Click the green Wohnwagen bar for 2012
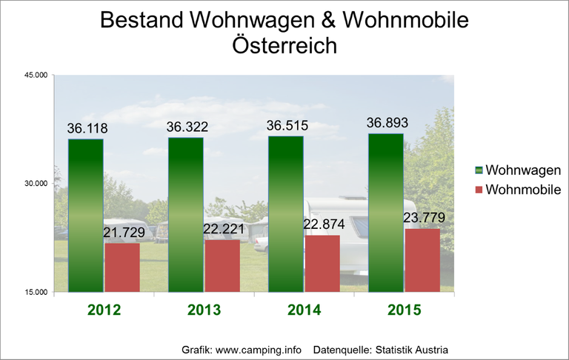(x=86, y=215)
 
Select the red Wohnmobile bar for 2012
(x=122, y=267)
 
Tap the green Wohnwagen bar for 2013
(x=185, y=214)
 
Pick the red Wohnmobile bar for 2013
(x=222, y=265)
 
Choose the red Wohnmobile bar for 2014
(x=322, y=263)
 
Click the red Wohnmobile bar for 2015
(x=422, y=260)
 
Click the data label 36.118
(x=86, y=128)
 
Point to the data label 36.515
(x=286, y=125)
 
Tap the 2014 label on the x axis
(x=304, y=310)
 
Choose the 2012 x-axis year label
(x=104, y=310)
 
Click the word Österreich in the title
(x=284, y=46)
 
